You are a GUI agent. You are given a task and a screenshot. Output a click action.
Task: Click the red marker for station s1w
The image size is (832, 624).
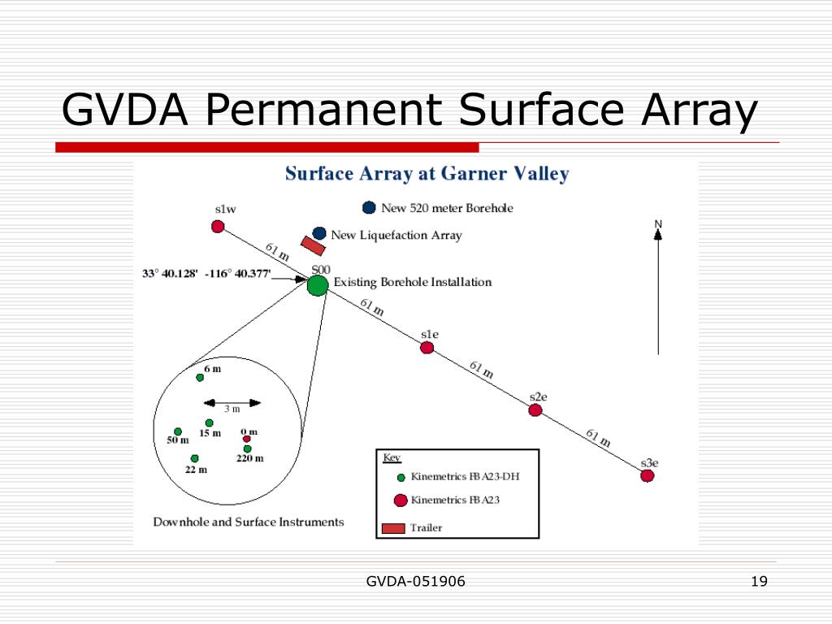[218, 227]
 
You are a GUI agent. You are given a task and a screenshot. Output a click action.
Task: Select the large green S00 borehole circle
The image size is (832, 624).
[318, 285]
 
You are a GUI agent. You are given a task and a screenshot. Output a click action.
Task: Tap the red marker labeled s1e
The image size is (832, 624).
[427, 348]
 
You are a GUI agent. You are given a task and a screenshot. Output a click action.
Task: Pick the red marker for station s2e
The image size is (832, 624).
[535, 410]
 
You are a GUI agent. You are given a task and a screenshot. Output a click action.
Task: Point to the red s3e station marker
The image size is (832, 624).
[647, 476]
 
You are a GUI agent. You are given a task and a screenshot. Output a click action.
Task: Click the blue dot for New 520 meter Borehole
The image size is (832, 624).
[370, 208]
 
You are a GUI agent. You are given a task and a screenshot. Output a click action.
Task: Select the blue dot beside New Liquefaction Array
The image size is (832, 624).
[319, 234]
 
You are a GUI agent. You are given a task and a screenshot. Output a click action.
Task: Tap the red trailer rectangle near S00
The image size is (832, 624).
[313, 245]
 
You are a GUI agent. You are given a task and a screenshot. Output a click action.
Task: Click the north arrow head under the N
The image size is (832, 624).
[658, 234]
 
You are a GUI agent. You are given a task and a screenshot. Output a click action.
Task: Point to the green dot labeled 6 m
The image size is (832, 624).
[200, 377]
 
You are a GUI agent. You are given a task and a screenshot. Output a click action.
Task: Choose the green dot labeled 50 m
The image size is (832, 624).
[178, 431]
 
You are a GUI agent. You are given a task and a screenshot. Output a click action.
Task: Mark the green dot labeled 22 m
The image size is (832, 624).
[195, 458]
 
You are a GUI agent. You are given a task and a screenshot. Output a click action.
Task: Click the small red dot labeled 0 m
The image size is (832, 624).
[247, 439]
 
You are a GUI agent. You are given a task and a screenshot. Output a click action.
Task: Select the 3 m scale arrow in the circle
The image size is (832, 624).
[232, 402]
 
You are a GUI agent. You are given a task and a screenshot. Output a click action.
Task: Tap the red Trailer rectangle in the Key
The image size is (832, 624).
[393, 528]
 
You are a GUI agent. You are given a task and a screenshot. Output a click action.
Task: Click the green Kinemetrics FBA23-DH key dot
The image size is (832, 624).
[401, 478]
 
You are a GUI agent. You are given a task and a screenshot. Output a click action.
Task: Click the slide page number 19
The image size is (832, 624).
[760, 581]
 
